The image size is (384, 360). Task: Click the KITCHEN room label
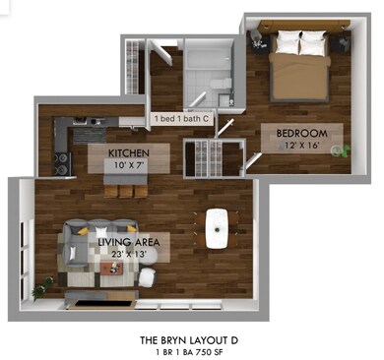coord(128,152)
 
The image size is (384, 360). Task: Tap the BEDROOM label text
coord(301,133)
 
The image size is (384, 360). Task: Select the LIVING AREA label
coord(129,241)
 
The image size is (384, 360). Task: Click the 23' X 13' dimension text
coord(129,255)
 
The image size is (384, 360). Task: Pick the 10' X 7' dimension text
coord(128,165)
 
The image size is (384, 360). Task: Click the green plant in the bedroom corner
coord(343,151)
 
